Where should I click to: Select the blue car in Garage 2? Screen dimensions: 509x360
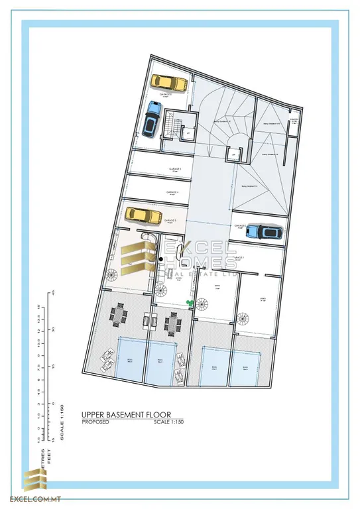tap(268, 231)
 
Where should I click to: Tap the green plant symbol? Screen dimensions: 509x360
tap(191, 304)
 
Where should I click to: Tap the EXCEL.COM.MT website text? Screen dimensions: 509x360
tap(28, 498)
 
